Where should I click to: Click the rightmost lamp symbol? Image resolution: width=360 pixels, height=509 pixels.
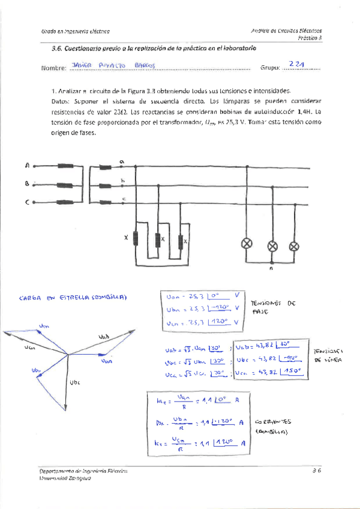(x=293, y=245)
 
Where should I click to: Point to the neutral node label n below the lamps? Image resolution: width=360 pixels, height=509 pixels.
(x=272, y=270)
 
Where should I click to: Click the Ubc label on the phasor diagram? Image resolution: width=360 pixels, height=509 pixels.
(x=75, y=381)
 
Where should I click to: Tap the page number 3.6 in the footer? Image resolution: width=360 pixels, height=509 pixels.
(x=317, y=471)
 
